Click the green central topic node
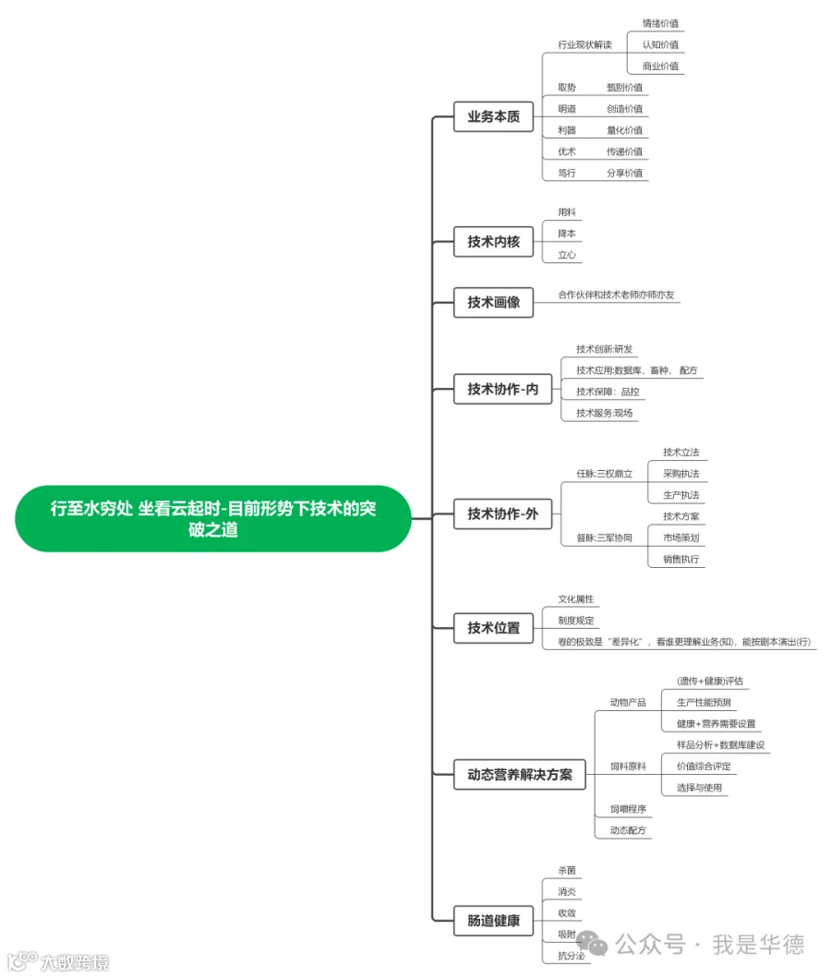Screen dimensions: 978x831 click(x=213, y=518)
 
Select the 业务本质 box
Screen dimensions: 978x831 click(x=493, y=117)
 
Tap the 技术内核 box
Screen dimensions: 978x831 click(x=493, y=242)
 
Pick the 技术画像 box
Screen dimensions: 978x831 click(x=493, y=302)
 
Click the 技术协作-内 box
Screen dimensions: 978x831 click(x=502, y=390)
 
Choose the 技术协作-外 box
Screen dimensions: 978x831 click(x=502, y=513)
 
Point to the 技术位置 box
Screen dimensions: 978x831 click(x=493, y=628)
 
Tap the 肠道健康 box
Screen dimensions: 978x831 click(x=493, y=921)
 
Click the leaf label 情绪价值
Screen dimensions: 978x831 click(x=660, y=23)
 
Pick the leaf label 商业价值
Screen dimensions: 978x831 click(x=660, y=66)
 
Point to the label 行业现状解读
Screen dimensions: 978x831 click(x=584, y=44)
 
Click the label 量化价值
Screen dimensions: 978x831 click(x=624, y=130)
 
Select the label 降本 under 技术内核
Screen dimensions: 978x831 click(x=566, y=234)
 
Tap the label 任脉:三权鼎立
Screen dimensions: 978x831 click(x=604, y=474)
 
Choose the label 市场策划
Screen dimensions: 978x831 click(x=680, y=537)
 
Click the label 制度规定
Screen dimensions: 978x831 click(x=575, y=621)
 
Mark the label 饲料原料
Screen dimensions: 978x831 click(x=628, y=767)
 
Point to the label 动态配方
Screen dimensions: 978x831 click(x=628, y=830)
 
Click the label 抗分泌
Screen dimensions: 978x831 click(x=571, y=955)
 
